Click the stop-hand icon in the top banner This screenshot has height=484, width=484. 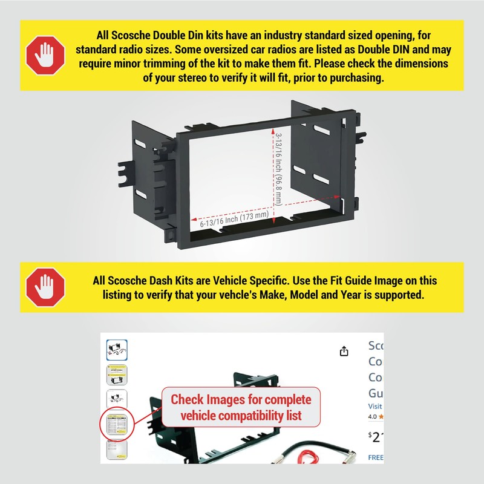[x=46, y=56]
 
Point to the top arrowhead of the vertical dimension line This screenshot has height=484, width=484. [x=274, y=132]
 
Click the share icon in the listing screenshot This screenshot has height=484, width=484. [x=344, y=352]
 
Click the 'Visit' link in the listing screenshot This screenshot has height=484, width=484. [x=375, y=407]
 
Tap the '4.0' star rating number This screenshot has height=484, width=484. [x=373, y=417]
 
